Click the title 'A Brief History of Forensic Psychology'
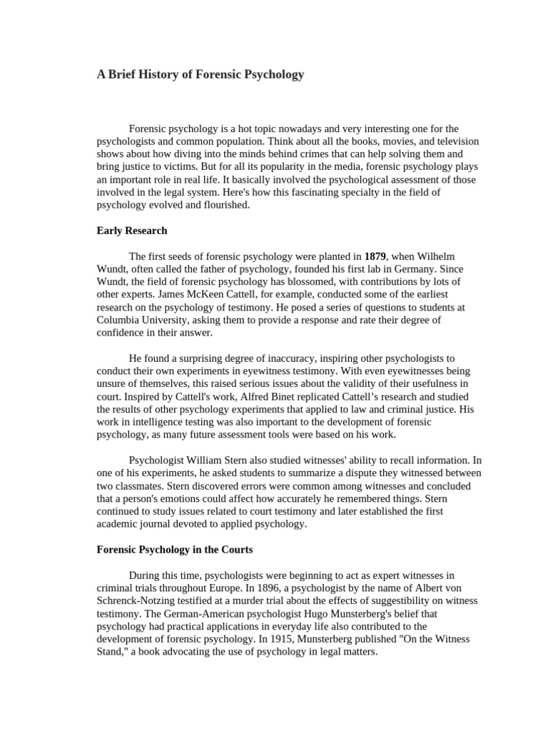[x=200, y=74]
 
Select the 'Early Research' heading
[x=131, y=231]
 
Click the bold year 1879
[x=375, y=256]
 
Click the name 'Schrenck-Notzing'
[x=137, y=600]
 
